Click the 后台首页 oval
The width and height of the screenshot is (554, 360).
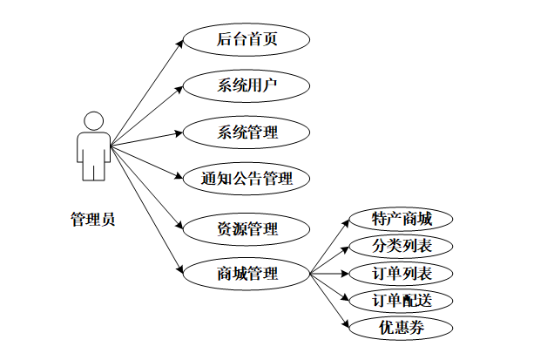247,39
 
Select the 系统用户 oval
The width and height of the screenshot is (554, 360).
247,85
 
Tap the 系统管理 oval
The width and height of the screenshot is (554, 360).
247,133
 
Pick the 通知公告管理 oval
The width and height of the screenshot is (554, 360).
247,180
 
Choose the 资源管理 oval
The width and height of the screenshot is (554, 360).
247,229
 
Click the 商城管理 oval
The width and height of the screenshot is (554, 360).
247,274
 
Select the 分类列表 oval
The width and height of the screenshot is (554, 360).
401,246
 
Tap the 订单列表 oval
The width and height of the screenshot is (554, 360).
401,274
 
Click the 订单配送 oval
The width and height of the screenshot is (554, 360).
401,301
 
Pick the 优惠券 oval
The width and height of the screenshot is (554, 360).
401,328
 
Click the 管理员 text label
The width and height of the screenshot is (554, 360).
92,219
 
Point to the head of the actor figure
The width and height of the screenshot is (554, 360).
92,121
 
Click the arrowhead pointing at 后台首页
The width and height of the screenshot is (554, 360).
179,41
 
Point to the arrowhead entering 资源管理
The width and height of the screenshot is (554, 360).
180,227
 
